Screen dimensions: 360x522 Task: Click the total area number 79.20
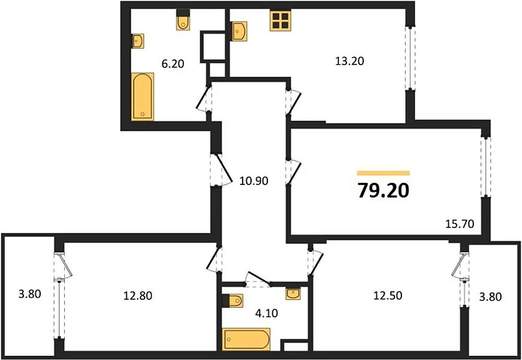(x=383, y=191)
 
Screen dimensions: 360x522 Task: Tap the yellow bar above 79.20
(x=383, y=172)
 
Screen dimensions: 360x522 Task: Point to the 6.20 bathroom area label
(x=174, y=64)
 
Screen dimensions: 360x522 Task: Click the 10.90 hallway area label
(x=253, y=181)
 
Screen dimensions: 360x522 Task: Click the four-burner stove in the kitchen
(x=280, y=20)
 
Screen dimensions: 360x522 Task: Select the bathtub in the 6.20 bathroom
(x=143, y=97)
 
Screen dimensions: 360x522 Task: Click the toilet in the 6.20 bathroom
(x=183, y=20)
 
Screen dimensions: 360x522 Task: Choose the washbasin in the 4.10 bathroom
(x=293, y=293)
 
